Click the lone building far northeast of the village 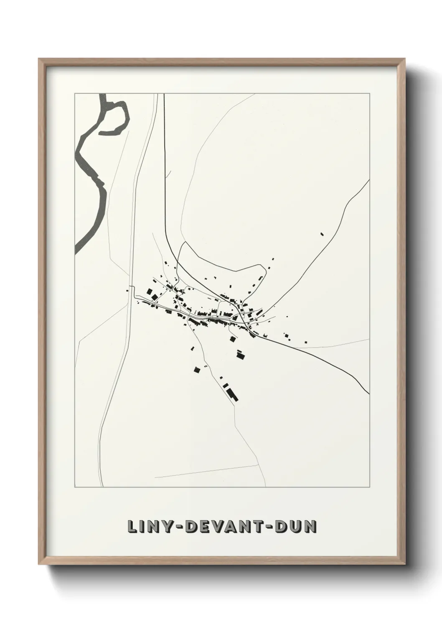(322, 234)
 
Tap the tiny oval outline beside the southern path (206, 366)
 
